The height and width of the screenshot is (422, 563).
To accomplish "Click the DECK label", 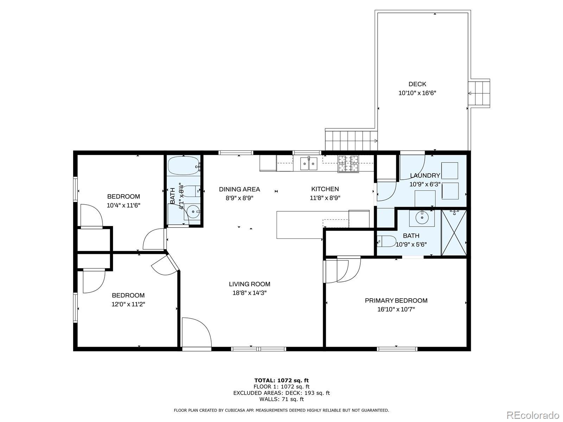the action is pos(417,84).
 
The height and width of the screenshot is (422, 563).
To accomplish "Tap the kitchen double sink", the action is pos(309,164).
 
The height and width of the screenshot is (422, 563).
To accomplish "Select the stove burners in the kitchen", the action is pos(348,164).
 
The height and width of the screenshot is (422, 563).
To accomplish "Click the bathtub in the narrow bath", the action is pos(183,166).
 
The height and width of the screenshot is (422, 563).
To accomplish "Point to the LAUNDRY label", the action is pos(425,175).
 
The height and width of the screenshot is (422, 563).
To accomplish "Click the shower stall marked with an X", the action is pos(454,233).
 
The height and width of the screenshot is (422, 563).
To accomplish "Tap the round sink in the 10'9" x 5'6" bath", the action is pos(422,218).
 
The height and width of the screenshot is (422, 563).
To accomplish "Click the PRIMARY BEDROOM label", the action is pos(396,301).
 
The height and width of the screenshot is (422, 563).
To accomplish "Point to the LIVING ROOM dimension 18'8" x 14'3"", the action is pos(249,293).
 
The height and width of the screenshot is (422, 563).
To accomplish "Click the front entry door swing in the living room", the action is pos(197,332).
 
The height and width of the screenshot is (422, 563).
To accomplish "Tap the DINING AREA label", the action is pos(239,189).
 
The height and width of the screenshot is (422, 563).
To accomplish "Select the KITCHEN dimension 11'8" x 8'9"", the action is pos(325,198).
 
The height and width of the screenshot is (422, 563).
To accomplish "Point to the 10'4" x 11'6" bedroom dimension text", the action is pos(124,205).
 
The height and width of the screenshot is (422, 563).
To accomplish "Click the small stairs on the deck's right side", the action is pos(479,93).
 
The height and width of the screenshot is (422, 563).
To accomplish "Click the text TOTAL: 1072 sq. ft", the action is pos(281,381).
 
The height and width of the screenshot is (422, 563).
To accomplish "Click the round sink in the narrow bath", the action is pos(192,212).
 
